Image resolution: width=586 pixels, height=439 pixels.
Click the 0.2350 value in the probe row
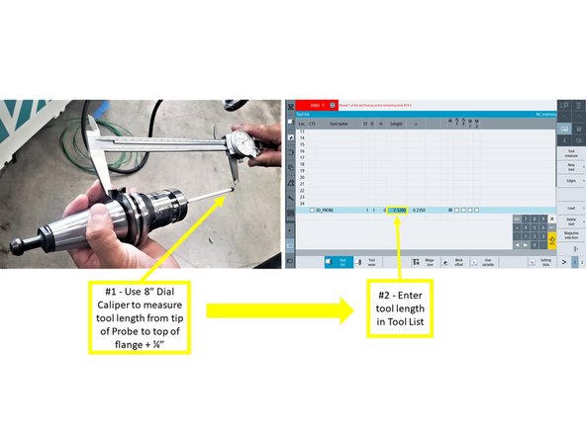[x=421, y=211]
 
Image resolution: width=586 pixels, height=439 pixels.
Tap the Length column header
[x=396, y=124]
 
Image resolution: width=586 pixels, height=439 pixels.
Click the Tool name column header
[x=339, y=124]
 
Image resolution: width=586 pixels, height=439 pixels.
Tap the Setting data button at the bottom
[x=544, y=263]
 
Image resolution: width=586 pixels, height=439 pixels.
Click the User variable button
[x=486, y=263]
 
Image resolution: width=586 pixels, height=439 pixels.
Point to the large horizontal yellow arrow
[x=278, y=310]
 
